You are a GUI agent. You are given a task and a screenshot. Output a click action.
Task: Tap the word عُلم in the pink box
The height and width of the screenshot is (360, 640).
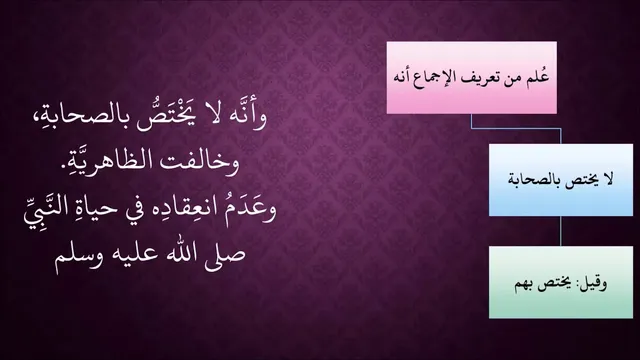click(x=540, y=76)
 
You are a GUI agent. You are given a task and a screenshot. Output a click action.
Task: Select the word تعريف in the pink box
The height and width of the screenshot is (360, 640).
click(x=484, y=78)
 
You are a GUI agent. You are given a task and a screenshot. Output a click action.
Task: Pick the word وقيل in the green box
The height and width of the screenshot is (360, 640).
click(x=591, y=282)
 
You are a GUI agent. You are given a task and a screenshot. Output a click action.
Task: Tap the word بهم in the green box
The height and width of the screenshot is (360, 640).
click(x=524, y=284)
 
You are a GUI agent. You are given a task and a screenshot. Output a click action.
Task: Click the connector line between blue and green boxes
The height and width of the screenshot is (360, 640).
click(x=561, y=231)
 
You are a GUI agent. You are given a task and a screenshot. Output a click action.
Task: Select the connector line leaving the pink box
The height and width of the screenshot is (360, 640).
click(x=516, y=129)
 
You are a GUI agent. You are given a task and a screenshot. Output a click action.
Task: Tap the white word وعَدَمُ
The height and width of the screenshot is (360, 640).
click(x=249, y=209)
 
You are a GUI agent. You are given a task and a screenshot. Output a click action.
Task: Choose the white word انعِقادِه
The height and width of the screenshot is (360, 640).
click(x=184, y=209)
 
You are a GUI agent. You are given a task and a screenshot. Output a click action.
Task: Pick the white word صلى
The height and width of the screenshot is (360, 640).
click(x=221, y=255)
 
